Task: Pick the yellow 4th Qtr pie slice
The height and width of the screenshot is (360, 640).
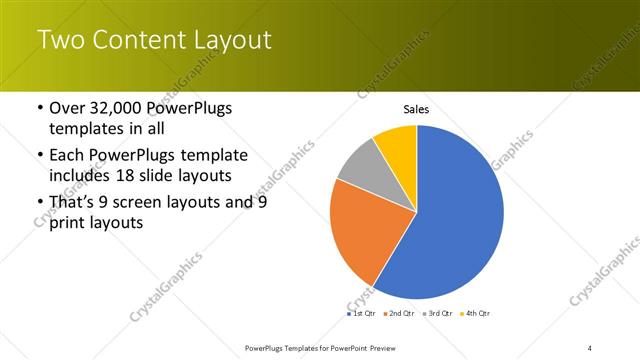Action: point(398,143)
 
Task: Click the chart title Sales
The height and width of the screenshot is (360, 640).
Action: point(416,109)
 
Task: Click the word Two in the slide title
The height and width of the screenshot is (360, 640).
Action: point(62,41)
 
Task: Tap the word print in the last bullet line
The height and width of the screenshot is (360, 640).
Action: point(68,223)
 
